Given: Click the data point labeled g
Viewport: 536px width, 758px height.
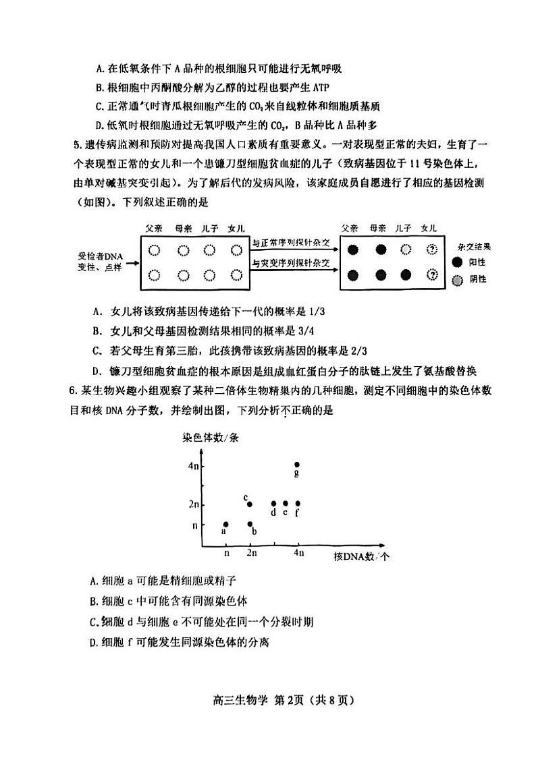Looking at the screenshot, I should coord(297,465).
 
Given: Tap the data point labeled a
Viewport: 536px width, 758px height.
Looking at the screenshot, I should coord(225,524).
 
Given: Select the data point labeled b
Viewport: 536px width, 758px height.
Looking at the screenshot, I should coord(250,524).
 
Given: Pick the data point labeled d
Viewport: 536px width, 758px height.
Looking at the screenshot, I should coord(273,503).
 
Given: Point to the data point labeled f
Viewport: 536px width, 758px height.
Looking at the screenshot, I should coord(298,503).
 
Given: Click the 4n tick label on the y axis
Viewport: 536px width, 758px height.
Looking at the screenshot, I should coord(194,465).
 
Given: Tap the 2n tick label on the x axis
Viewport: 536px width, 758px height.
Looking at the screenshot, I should coord(250,553).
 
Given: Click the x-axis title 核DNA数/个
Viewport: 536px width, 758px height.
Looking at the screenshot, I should coord(362,556).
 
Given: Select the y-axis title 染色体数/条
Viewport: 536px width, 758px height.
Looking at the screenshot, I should coord(211,437).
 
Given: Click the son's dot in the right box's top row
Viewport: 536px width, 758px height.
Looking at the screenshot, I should coord(405,250).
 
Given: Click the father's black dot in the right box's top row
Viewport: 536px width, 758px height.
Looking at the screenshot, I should coord(352,250).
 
